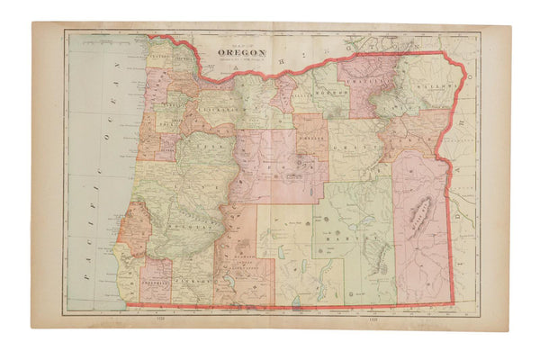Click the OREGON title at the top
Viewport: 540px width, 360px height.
241,53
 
